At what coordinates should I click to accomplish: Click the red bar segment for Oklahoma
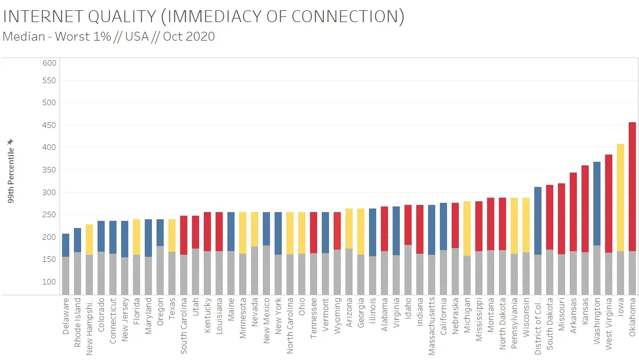click(x=632, y=186)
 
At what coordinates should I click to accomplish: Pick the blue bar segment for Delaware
click(x=66, y=245)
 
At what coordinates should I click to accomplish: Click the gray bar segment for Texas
click(x=172, y=273)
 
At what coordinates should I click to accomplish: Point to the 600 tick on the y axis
click(x=49, y=63)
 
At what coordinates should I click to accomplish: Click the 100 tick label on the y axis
click(x=49, y=282)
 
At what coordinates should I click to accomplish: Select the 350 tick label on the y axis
click(x=49, y=170)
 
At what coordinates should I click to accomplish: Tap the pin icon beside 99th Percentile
click(x=11, y=142)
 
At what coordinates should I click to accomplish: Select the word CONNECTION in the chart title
click(x=345, y=17)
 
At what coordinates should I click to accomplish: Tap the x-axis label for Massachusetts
click(x=432, y=327)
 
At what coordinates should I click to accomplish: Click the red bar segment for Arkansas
click(x=573, y=212)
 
